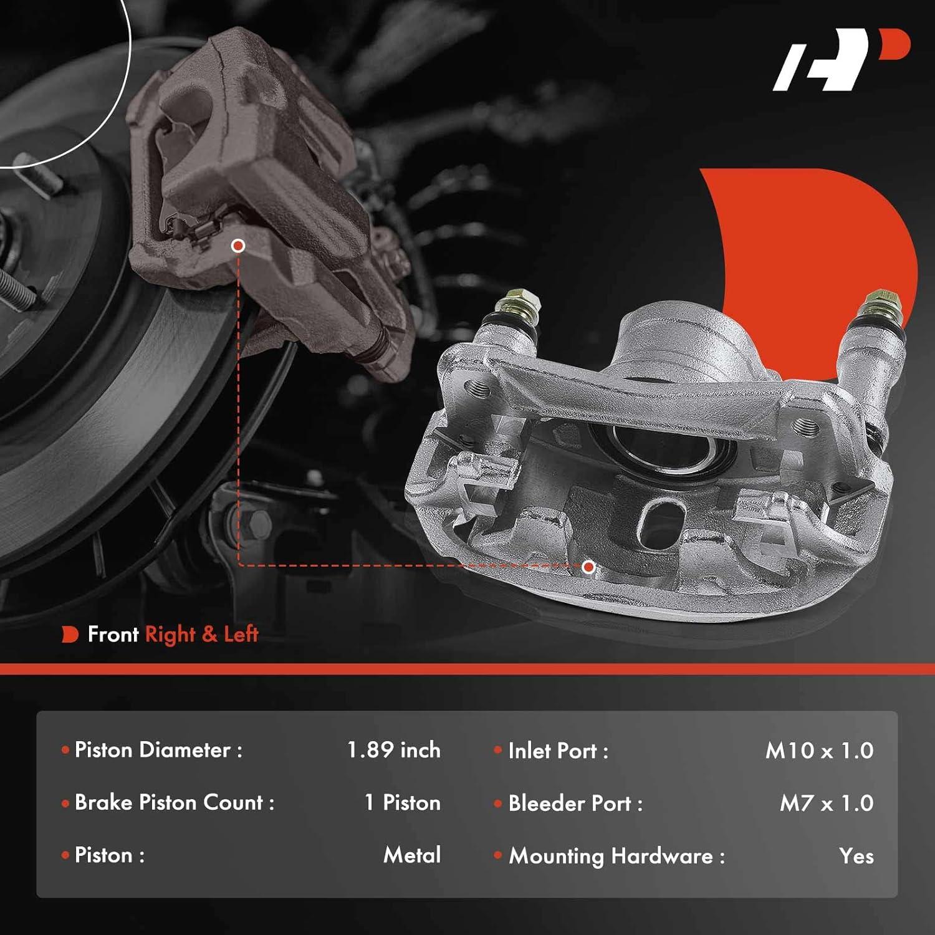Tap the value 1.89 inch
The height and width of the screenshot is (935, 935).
[x=393, y=750]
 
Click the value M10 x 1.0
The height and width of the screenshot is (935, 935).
[x=819, y=750]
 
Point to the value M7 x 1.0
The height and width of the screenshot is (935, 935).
[x=827, y=803]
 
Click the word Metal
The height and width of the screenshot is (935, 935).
[x=412, y=855]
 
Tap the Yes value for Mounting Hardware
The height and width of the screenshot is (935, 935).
[x=856, y=856]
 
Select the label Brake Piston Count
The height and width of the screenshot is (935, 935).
[x=174, y=802]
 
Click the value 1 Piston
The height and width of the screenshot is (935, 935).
[x=402, y=802]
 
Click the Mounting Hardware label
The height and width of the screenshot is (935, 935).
[x=616, y=856]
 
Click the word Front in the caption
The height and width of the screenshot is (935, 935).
[x=113, y=635]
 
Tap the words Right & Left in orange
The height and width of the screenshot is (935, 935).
[x=201, y=635]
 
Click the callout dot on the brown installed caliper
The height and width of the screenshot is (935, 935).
[x=237, y=246]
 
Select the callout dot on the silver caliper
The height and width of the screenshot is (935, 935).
[x=588, y=567]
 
